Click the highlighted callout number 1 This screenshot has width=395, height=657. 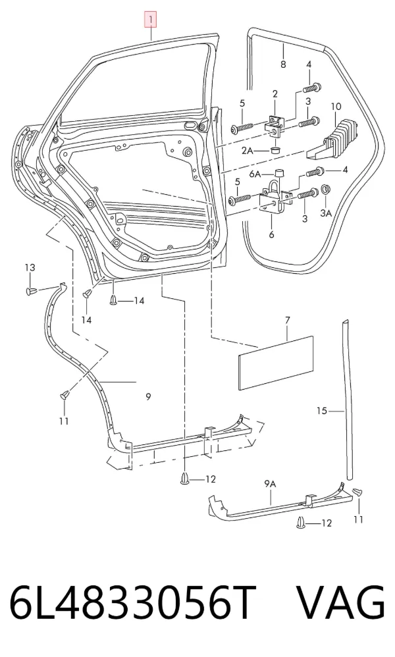pyautogui.click(x=150, y=20)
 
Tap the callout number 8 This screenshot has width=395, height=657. pyautogui.click(x=283, y=64)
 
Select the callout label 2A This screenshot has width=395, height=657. pyautogui.click(x=248, y=150)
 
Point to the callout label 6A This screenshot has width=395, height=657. pyautogui.click(x=255, y=174)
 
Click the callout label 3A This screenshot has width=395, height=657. pyautogui.click(x=326, y=213)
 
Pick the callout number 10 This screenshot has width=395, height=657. pyautogui.click(x=336, y=107)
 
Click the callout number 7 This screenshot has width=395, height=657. pyautogui.click(x=287, y=321)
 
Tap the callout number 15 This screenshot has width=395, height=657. pyautogui.click(x=321, y=411)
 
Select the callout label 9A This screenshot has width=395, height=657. pyautogui.click(x=270, y=484)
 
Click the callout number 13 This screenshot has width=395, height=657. pyautogui.click(x=30, y=267)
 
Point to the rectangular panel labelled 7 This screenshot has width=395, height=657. pyautogui.click(x=276, y=363)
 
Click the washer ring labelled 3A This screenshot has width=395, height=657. pyautogui.click(x=325, y=190)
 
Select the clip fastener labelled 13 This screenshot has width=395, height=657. pyautogui.click(x=32, y=291)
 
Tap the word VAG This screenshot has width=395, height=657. pyautogui.click(x=341, y=604)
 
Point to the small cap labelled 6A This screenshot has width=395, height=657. pyautogui.click(x=278, y=173)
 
